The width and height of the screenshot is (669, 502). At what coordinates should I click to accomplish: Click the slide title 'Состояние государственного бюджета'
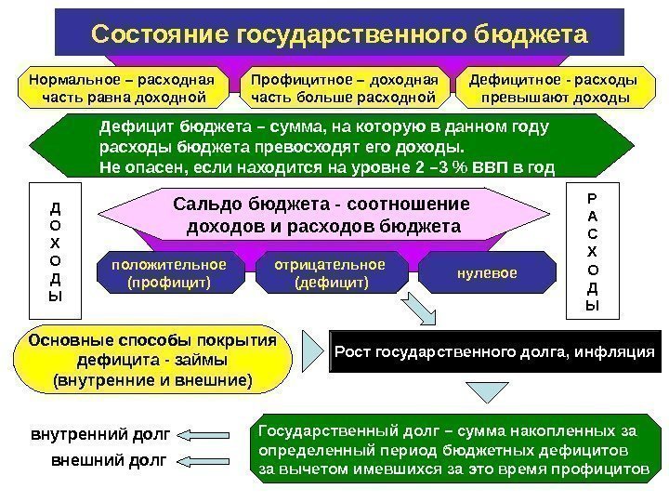click(x=339, y=34)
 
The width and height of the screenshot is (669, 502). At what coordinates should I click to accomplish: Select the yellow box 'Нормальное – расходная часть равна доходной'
click(x=123, y=86)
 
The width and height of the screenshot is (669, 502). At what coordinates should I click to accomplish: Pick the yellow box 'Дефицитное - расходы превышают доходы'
click(x=554, y=86)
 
